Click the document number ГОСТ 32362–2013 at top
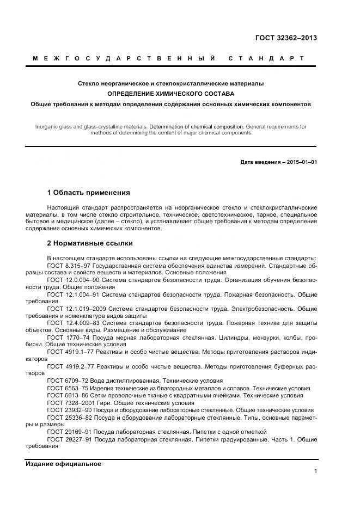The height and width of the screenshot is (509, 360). [x=286, y=38]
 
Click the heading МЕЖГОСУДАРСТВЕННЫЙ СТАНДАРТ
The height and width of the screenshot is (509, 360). [x=168, y=58]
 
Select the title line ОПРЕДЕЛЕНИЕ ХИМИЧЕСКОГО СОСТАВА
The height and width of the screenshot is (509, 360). [x=170, y=93]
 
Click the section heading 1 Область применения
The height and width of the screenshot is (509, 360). [x=88, y=192]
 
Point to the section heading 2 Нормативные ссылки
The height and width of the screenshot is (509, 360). [x=90, y=243]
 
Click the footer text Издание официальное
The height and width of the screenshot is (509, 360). [x=63, y=464]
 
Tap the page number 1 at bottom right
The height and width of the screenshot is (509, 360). [x=315, y=471]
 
